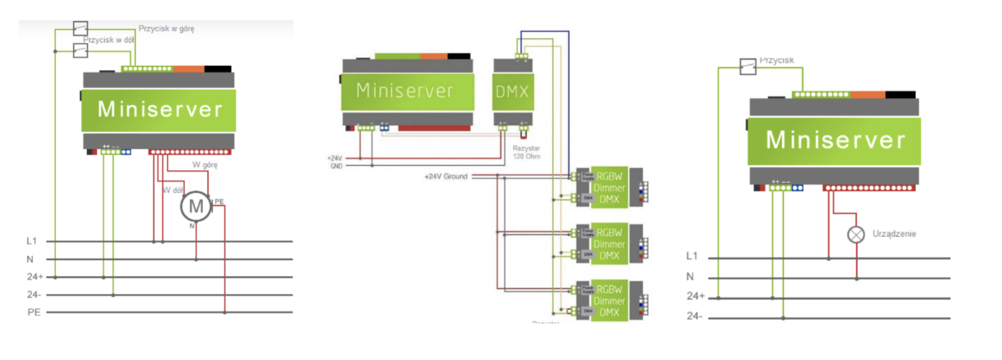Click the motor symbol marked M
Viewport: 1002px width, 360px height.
[196, 206]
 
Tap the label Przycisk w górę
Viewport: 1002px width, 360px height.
[166, 28]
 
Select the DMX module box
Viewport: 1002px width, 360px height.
[513, 91]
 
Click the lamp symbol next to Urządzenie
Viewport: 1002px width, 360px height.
[856, 235]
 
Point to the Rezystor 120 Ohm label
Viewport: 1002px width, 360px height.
[526, 152]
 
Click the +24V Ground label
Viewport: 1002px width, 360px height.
[446, 176]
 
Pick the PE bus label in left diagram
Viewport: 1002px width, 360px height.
[34, 312]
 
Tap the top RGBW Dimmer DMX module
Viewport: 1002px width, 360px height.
[609, 188]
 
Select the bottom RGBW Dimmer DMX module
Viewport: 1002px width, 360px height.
[609, 301]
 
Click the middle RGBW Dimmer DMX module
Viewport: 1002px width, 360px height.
[609, 244]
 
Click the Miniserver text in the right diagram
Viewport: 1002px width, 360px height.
[835, 140]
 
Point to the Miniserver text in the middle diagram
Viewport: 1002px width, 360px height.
[405, 91]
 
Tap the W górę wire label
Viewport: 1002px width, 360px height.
[205, 164]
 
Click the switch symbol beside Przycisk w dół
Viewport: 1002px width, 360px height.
[80, 51]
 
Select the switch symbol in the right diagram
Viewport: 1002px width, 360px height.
[748, 67]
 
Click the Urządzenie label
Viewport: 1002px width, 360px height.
[894, 234]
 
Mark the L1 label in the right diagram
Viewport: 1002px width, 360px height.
[691, 256]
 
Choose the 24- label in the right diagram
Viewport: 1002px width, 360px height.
[694, 316]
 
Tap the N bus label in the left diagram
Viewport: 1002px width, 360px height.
[30, 260]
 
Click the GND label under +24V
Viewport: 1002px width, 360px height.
[336, 166]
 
